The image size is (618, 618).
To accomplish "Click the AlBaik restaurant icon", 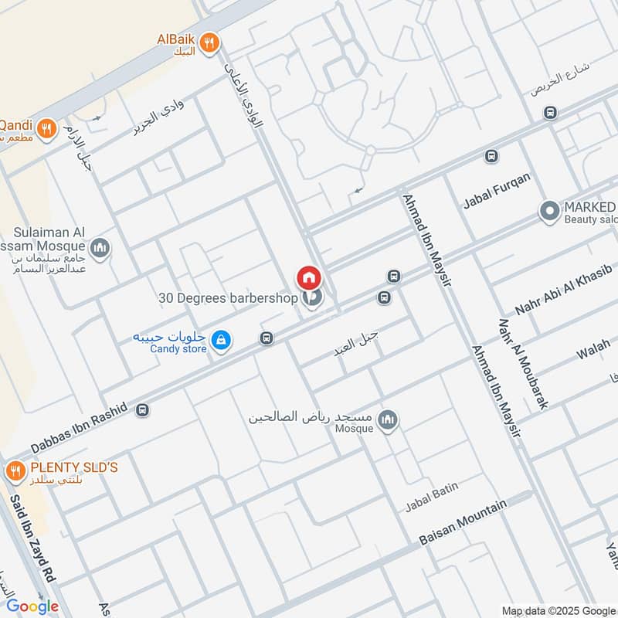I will tap(209, 44).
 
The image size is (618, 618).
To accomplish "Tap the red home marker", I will tap(308, 277).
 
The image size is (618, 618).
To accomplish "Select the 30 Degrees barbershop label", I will tap(227, 297).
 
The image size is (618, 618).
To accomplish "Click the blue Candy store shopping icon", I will tap(221, 340).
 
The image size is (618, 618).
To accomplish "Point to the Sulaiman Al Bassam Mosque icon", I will tap(100, 248).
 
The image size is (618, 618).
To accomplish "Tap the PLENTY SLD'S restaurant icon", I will tap(15, 470).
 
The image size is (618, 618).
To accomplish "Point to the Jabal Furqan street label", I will tap(497, 192).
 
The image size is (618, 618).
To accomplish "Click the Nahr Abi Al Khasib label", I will tap(563, 290).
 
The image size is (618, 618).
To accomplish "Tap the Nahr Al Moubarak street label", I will tap(523, 363).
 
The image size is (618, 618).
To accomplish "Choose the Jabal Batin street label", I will tap(432, 497).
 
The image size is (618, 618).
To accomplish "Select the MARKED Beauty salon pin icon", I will tap(549, 211).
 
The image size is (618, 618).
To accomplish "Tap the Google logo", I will tap(32, 606).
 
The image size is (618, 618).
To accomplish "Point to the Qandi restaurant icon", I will tap(46, 128).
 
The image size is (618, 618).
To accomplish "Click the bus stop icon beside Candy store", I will tap(267, 338).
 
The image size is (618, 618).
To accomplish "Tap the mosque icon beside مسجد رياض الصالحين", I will tap(388, 419).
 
